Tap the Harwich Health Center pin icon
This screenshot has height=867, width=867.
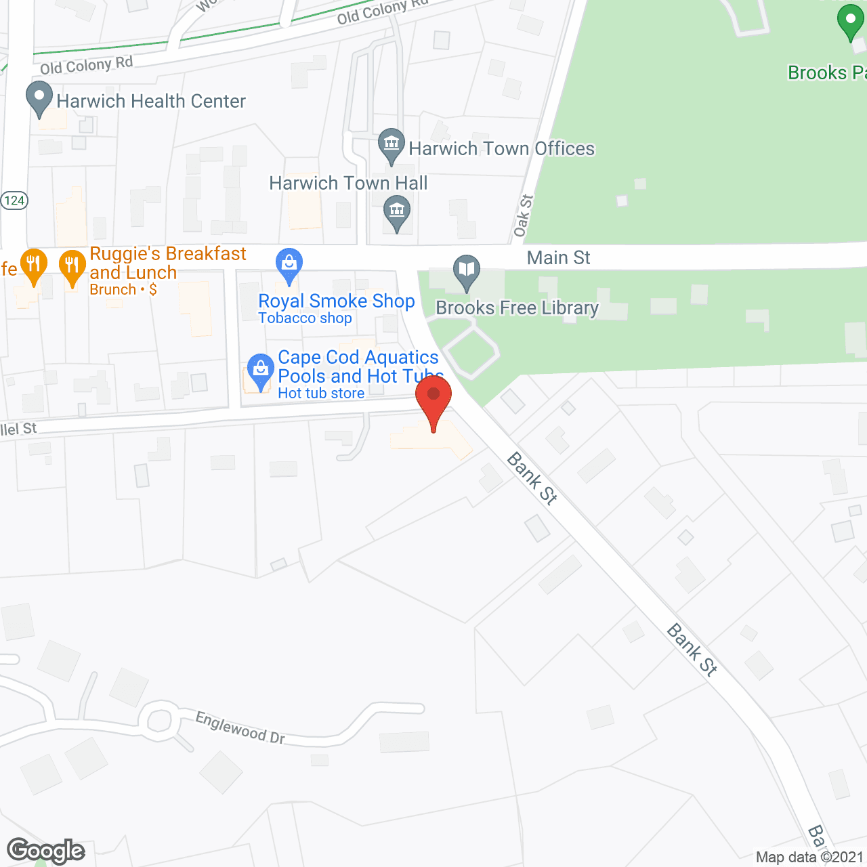[39, 98]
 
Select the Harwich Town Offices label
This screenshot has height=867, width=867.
[501, 149]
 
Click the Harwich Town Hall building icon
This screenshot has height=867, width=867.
[397, 212]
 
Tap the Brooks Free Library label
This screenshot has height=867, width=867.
[517, 308]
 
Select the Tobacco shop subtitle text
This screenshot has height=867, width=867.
[305, 318]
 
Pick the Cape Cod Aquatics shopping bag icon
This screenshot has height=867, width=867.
[259, 371]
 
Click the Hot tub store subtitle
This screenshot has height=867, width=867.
[321, 394]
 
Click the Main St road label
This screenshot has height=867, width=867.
[559, 258]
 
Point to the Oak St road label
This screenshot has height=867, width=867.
[522, 216]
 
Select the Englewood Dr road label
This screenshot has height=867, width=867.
[240, 727]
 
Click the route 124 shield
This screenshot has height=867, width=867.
[14, 200]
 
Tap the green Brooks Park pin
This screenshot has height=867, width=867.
[850, 22]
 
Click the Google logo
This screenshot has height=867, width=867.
[46, 851]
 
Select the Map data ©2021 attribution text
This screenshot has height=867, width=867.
[810, 858]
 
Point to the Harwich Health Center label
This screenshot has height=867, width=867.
[151, 102]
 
